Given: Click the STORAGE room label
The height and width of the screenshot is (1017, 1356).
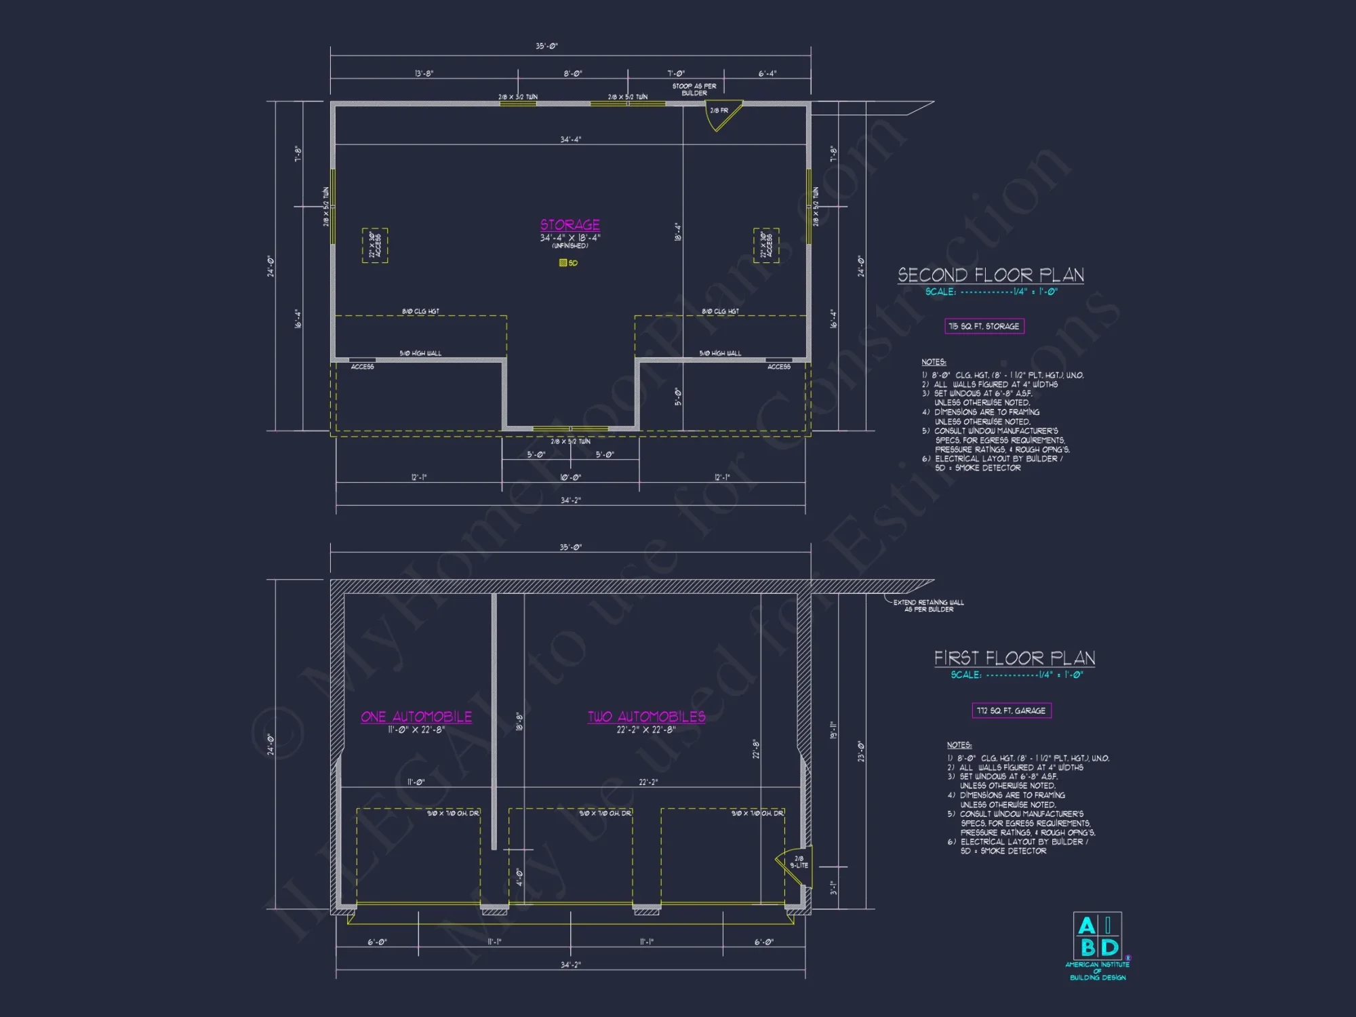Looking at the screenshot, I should pos(570,224).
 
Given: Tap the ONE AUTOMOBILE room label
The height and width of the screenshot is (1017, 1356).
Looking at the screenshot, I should pos(416,717).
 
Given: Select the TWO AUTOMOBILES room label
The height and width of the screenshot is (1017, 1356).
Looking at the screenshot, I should pos(646,717).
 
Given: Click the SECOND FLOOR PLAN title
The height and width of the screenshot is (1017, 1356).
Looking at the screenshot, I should pos(991,275).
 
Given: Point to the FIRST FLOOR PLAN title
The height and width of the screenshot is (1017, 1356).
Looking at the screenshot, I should pos(1014,658).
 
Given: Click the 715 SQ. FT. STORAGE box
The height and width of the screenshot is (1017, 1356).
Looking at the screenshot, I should pos(984,326).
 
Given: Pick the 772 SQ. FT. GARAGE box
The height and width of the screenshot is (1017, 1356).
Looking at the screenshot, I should pos(1011,711).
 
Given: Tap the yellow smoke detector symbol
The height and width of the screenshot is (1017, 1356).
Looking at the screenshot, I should pos(563,263).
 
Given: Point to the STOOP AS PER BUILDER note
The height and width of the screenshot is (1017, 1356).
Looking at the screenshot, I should pos(694,89).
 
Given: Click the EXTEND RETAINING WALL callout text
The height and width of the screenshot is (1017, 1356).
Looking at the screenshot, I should pos(928,605).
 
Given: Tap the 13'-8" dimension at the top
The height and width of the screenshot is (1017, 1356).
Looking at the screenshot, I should pos(424,73).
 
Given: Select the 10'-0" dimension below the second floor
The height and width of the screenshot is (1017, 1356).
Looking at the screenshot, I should pos(570,477).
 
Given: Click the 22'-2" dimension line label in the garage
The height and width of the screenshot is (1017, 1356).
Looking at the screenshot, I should pos(648,782).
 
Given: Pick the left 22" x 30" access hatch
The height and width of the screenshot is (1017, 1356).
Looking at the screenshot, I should pos(375,245).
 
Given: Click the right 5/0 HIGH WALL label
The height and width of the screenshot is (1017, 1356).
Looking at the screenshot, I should pos(720,353).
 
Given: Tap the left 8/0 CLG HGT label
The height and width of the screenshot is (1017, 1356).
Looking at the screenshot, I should pos(420,311).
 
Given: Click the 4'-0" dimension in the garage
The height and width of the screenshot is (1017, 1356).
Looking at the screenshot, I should pos(519,877).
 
